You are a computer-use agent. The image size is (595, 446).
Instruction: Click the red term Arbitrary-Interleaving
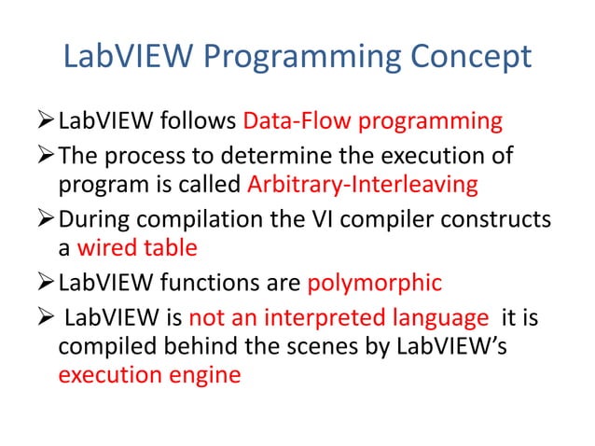point(364,185)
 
